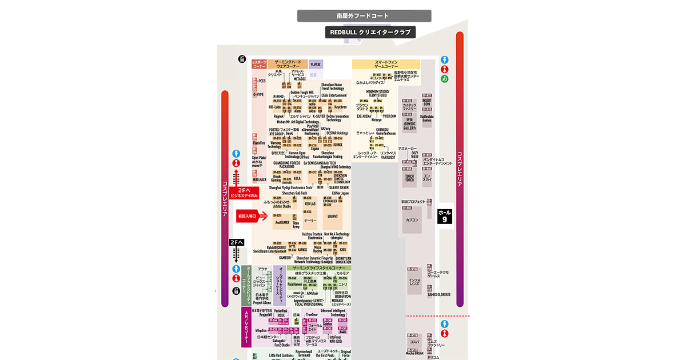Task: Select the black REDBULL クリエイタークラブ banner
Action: tap(370, 33)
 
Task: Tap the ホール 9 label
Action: tap(444, 215)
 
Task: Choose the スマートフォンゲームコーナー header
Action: tap(386, 64)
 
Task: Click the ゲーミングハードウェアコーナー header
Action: tap(288, 64)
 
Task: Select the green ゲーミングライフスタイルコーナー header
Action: tap(320, 267)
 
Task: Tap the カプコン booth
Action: tap(412, 219)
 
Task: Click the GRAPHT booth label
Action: tap(333, 217)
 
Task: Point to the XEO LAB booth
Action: tap(310, 203)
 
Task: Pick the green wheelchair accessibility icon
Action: tap(444, 79)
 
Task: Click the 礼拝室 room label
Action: tap(316, 64)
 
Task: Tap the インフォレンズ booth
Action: tap(414, 282)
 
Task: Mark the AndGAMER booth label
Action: tap(282, 222)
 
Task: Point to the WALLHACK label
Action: tap(260, 179)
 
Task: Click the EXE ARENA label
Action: tap(364, 116)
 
